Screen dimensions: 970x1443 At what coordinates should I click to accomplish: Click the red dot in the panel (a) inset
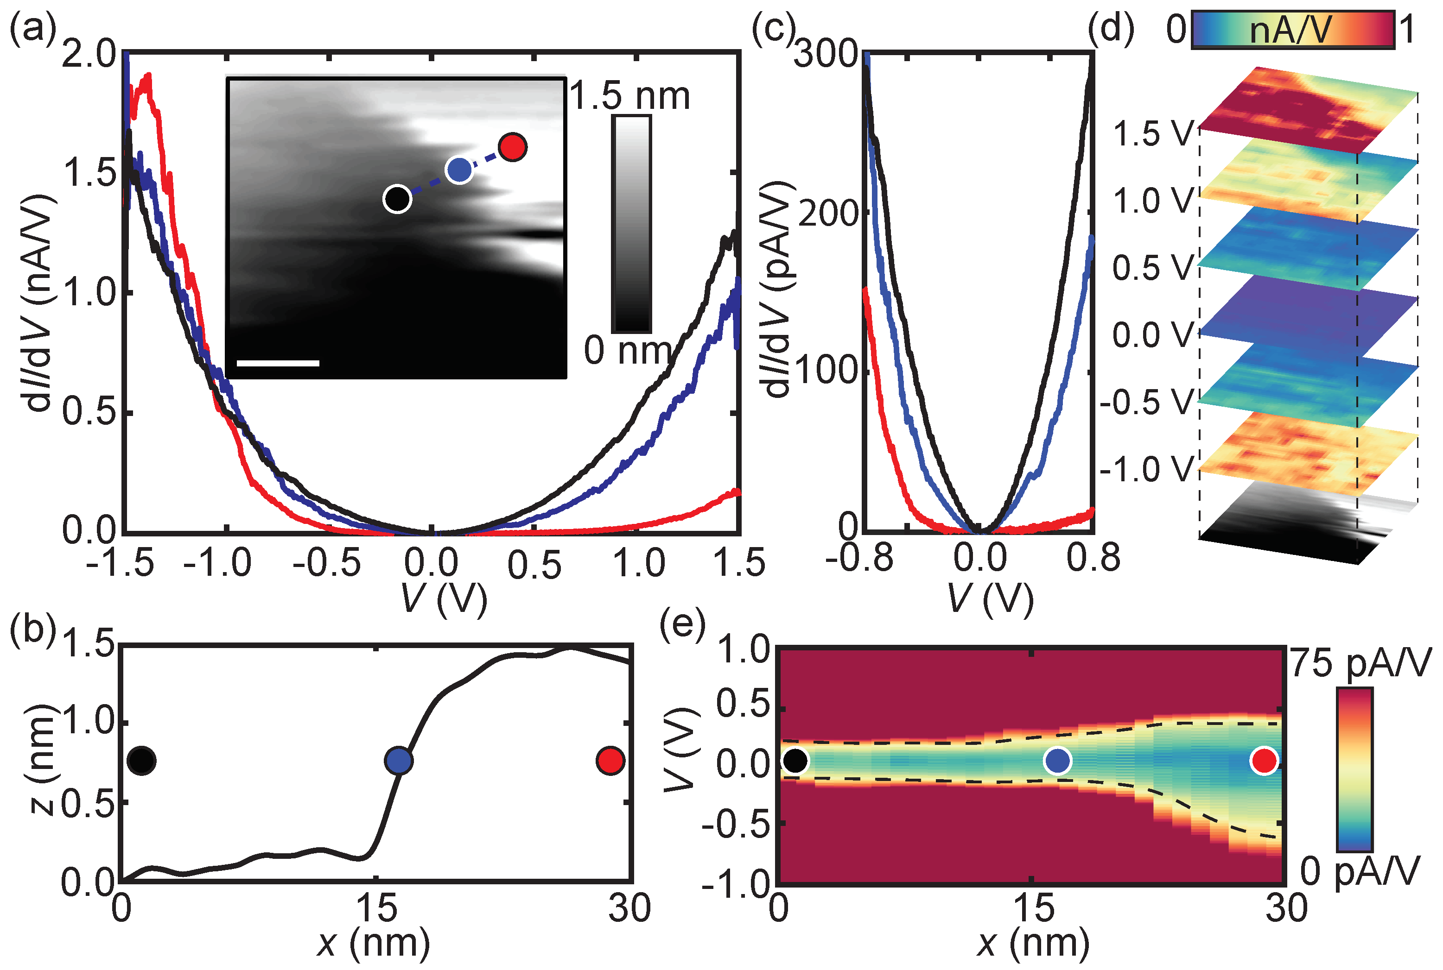513,147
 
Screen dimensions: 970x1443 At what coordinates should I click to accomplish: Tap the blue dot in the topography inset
459,169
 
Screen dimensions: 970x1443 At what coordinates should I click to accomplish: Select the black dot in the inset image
397,199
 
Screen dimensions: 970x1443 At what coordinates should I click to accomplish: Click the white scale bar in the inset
278,363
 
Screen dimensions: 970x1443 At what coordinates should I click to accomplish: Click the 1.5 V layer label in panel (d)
1153,133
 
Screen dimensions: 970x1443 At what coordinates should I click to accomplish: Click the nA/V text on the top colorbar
1290,30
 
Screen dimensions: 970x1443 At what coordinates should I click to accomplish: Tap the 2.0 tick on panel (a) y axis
90,55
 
